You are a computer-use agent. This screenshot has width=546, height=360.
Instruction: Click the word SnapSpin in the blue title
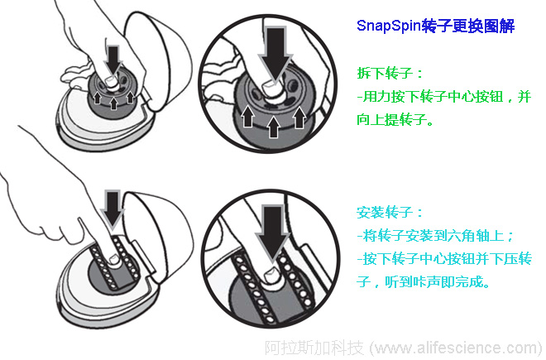(388, 26)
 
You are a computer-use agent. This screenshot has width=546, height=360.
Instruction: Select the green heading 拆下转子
(390, 73)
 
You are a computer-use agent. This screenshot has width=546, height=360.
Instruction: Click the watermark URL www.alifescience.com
(457, 347)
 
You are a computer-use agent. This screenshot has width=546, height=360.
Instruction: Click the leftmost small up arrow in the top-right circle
(247, 121)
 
